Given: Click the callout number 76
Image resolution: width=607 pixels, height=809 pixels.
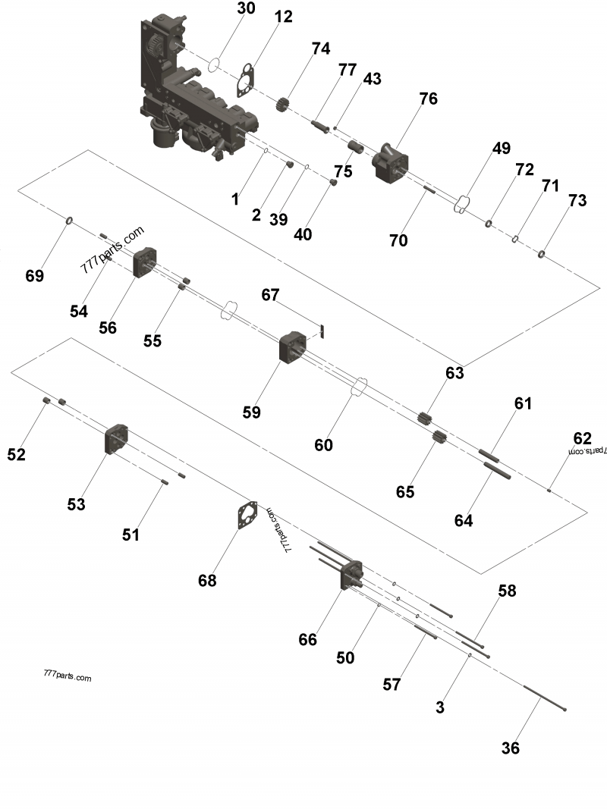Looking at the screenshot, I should point(428,99).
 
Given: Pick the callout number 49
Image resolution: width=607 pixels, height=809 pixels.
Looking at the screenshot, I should point(500,149).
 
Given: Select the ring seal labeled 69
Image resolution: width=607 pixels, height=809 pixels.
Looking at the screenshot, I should point(70,220).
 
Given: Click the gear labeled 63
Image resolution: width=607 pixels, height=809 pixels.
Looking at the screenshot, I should point(425,418).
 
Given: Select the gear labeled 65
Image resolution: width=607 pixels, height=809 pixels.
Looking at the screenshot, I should point(438,439).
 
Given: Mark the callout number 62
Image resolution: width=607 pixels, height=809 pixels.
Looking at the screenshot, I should point(581,438).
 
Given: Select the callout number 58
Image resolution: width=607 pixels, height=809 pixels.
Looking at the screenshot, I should point(507,591).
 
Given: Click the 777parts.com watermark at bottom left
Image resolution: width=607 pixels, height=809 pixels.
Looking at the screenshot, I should point(68,676).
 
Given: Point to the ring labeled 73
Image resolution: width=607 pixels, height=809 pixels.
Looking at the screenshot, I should point(543,254).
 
